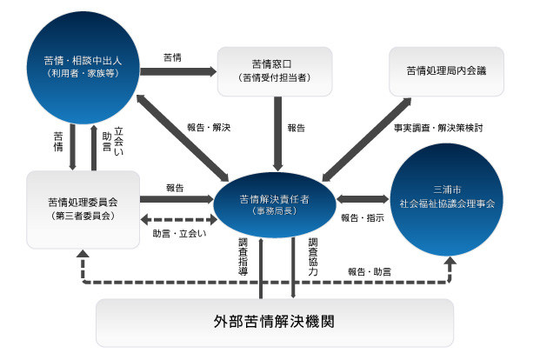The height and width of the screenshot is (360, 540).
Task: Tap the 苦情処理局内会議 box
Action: (445, 69)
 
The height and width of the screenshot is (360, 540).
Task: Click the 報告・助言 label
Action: (370, 271)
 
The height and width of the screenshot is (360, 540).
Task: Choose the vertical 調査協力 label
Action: (313, 254)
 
